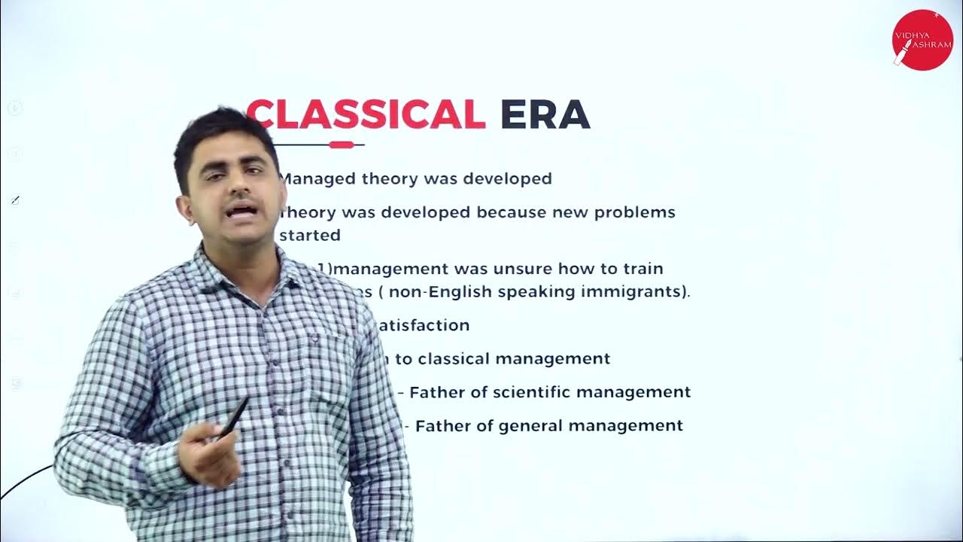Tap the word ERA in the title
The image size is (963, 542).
pos(545,114)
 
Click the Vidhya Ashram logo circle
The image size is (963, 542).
pos(922,40)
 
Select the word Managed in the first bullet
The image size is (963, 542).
pos(317,179)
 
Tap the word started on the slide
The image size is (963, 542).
pos(310,235)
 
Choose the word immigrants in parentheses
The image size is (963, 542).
pos(639,292)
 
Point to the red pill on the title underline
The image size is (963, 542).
pos(341,145)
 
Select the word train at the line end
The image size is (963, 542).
pos(642,269)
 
